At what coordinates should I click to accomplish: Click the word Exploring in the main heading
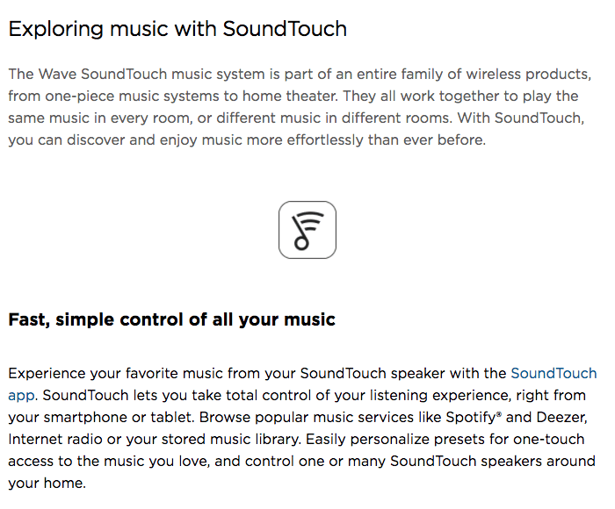[55, 30]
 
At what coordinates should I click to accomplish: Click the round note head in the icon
[301, 243]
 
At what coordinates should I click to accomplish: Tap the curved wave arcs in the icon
[313, 220]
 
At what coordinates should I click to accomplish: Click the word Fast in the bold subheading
[29, 320]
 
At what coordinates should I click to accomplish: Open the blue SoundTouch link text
[553, 374]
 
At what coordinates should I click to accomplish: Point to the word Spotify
[471, 418]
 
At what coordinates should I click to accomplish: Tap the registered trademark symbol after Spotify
[499, 414]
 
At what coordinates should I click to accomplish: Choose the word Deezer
[561, 418]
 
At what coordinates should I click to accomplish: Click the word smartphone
[85, 418]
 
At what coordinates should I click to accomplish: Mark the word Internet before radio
[35, 440]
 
